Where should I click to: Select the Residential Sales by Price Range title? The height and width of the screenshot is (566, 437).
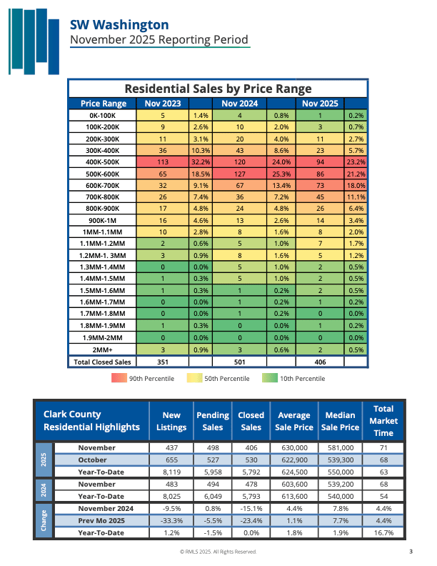coord(218,89)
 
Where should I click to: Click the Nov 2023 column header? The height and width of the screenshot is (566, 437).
coord(162,104)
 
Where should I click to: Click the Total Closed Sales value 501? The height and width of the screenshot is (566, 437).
coord(239,362)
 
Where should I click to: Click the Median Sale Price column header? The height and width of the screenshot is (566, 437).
coord(340,421)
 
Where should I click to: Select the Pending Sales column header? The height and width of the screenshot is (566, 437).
coord(212,421)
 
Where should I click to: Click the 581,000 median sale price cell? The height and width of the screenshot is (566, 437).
coord(340,448)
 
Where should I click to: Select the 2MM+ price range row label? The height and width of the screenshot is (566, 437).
coord(104,350)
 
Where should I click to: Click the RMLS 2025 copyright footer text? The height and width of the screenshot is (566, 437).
coord(218,552)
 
